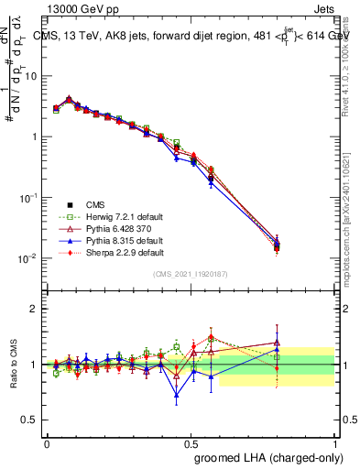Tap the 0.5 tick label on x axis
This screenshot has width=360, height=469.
pos(191,442)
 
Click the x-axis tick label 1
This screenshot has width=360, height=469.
pos(335,442)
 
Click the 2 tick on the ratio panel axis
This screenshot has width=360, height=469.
pos(35,309)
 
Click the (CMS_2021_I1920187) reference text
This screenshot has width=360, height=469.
pos(191,274)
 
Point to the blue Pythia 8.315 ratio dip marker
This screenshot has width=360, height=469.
pos(177,396)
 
